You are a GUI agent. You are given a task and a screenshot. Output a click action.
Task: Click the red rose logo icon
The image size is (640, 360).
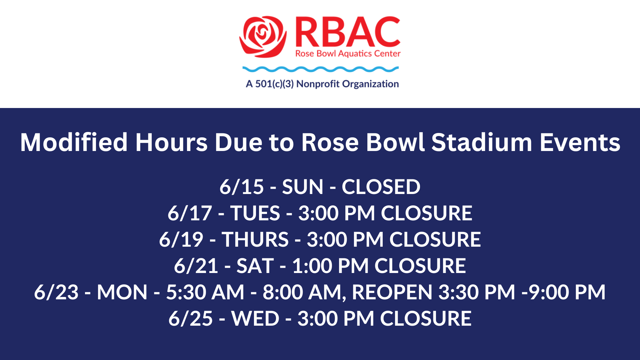263,37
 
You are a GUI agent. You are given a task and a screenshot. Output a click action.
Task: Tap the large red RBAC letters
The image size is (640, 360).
348,32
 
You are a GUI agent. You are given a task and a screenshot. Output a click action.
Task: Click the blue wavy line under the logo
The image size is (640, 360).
320,69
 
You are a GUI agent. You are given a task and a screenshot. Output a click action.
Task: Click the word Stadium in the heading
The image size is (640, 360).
482,142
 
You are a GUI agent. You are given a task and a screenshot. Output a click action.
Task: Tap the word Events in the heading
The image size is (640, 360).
580,142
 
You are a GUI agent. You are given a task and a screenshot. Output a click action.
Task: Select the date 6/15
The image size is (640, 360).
242,187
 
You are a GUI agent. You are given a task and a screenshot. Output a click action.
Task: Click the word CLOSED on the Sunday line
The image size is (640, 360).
381,187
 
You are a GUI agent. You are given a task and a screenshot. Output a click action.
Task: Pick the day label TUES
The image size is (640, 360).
255,213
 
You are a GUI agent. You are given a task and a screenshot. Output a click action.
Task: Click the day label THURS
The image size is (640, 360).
255,239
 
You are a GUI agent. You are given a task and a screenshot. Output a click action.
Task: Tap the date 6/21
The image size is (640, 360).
196,266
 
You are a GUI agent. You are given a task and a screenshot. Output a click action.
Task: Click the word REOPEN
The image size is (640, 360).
392,292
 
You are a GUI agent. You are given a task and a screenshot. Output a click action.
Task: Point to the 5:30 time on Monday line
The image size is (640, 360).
186,292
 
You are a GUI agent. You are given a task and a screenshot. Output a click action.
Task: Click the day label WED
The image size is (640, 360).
255,318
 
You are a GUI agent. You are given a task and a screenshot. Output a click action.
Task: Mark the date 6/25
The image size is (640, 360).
190,318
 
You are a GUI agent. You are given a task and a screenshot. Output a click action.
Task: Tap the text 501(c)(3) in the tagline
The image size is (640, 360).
274,84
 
